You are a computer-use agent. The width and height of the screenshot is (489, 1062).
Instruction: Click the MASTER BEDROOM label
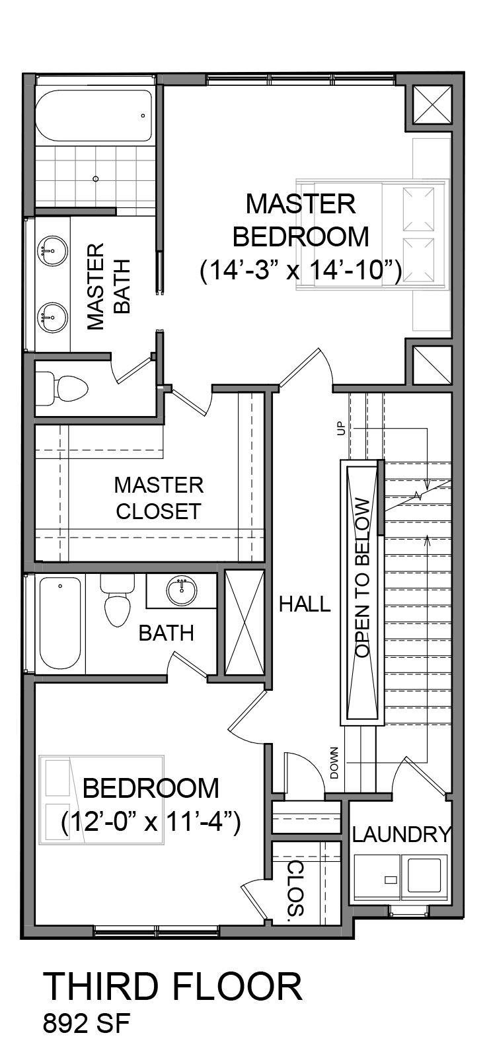pos(301,220)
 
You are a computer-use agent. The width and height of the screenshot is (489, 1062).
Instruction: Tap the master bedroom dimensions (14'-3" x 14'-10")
pos(301,271)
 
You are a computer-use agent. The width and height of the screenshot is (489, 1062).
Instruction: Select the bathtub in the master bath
pos(94,116)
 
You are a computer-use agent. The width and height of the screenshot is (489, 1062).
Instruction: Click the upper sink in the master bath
pos(52,250)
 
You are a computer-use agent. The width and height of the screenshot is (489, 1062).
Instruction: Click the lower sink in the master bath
pos(52,318)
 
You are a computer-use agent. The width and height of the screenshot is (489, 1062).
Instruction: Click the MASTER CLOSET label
pos(159,498)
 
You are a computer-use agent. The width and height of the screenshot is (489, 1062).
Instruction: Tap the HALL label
pos(305,604)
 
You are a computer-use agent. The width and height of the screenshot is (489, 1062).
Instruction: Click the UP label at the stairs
pos(342,428)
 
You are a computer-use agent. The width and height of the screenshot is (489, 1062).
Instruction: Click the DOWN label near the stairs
pos(334,763)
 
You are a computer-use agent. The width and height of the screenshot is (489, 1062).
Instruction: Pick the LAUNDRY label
pos(401,834)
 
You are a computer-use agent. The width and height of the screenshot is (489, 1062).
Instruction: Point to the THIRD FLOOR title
pos(173,987)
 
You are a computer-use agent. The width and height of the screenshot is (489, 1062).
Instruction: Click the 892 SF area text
pos(86,1024)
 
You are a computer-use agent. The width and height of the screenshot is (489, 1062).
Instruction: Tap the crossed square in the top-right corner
pos(432,104)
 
